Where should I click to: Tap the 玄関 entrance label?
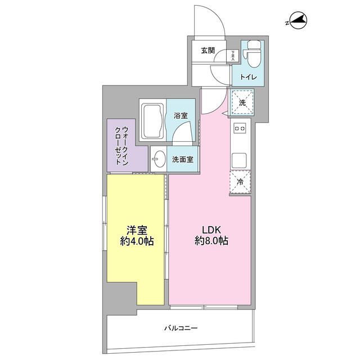[208, 51]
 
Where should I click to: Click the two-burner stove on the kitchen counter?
[240, 129]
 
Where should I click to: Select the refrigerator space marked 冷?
[240, 182]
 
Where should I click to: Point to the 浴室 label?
[180, 116]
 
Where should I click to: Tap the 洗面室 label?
[183, 159]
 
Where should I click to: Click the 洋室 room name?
[136, 230]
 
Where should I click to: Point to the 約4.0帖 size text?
[137, 242]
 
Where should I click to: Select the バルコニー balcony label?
[181, 327]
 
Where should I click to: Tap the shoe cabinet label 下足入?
[233, 55]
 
